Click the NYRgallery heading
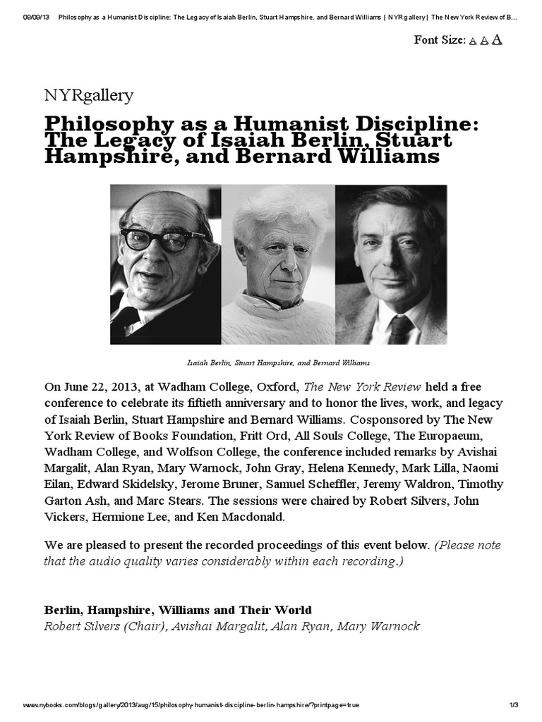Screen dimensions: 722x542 (88, 94)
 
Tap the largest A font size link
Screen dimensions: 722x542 (497, 39)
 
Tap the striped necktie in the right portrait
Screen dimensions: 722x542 (400, 330)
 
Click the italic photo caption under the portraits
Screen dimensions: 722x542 (278, 362)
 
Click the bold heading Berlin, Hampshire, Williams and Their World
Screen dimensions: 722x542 (178, 609)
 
